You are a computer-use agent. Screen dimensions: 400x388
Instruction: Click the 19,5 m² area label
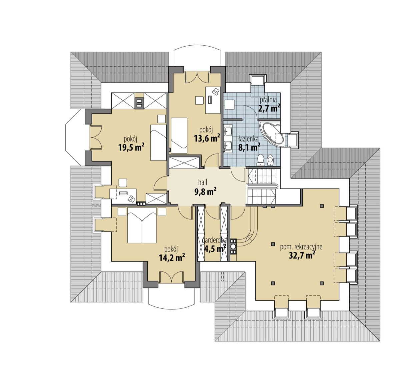(131, 147)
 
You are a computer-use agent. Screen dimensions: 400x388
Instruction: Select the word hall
(202, 182)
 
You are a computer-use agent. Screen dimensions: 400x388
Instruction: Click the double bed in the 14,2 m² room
(142, 225)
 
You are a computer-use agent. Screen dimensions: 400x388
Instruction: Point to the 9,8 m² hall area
(205, 192)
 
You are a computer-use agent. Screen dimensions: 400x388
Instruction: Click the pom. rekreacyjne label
(301, 247)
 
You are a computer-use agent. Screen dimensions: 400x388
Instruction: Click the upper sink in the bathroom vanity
(228, 130)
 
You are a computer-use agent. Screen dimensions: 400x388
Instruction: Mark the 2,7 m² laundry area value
(269, 109)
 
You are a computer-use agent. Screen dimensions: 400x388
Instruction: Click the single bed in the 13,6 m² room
(179, 136)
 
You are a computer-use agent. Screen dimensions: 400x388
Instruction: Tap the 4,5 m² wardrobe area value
(215, 248)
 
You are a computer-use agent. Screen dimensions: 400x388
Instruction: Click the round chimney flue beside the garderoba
(233, 246)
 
